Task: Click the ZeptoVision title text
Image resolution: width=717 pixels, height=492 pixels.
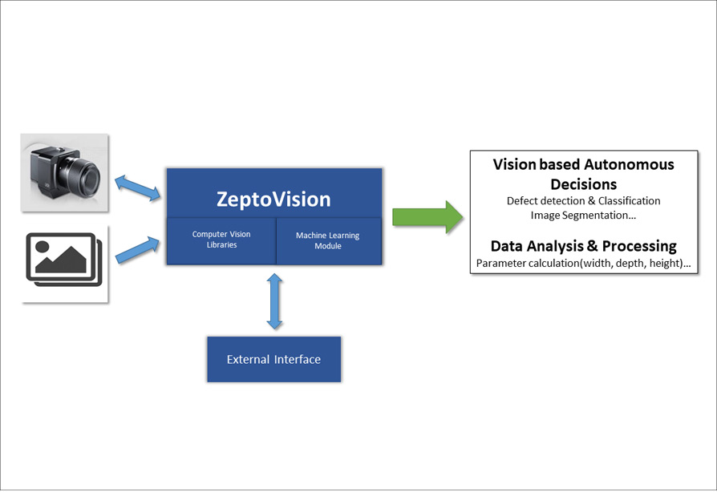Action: [273, 198]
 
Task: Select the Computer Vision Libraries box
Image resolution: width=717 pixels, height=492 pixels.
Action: [221, 240]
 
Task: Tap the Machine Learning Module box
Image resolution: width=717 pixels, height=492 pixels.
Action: [328, 240]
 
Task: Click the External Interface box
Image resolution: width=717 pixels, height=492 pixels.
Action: [273, 359]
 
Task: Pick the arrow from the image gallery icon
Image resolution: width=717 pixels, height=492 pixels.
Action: [137, 248]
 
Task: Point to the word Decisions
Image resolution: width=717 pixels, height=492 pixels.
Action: [583, 184]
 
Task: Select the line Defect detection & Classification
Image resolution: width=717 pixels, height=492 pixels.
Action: [583, 201]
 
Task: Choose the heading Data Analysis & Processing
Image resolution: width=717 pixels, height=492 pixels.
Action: [583, 246]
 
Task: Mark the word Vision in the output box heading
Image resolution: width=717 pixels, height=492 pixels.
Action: [513, 165]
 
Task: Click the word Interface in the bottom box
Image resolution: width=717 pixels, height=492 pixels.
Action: [297, 359]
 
